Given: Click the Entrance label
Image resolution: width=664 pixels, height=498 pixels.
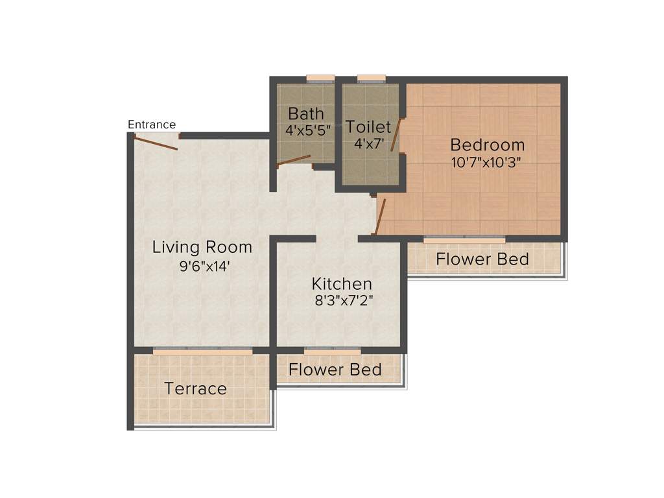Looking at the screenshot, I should coord(152,124).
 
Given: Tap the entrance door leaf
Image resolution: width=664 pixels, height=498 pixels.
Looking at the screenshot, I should coord(156,143).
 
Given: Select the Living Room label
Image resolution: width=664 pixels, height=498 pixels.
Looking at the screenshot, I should coord(202,247).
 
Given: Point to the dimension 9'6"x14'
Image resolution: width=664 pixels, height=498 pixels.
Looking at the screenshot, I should coord(202,266).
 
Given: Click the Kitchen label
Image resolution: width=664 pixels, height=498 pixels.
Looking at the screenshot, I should coord(342,284).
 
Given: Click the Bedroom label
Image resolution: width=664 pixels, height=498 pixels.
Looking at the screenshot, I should coord(488,145).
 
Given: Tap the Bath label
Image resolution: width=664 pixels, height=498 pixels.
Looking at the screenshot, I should coord(306,114).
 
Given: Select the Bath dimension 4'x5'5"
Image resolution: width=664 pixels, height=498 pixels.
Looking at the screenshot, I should coord(308,130).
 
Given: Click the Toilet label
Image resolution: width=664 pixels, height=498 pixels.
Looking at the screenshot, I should coord(368,126).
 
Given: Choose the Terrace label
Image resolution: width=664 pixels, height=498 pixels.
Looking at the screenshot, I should coord(195,389).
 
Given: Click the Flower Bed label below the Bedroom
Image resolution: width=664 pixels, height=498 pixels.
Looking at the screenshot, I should coord(482,259).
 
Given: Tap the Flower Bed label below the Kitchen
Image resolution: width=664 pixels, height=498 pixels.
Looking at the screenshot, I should coord(335,370).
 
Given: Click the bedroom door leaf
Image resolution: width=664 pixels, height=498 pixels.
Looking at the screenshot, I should coord(381,216).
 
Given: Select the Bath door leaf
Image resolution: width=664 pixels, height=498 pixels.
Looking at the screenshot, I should coord(294,160).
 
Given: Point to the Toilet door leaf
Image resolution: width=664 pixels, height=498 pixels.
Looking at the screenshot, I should coord(394,136).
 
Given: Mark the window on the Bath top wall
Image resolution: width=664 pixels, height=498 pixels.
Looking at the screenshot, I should coord(320,79).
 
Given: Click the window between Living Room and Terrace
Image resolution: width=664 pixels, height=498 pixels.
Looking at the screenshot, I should coord(202,350).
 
